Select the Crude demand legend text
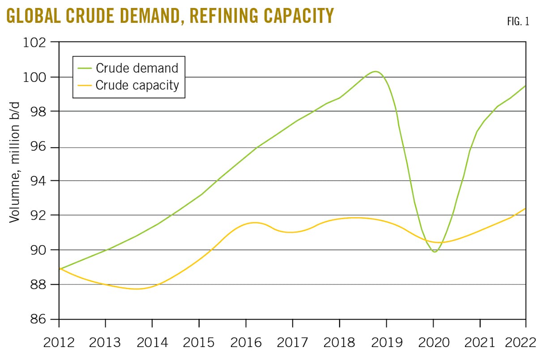pyautogui.click(x=137, y=68)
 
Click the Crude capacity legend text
pyautogui.click(x=137, y=85)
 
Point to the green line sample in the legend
pyautogui.click(x=84, y=68)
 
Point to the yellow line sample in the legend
pyautogui.click(x=84, y=85)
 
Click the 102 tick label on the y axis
pyautogui.click(x=36, y=42)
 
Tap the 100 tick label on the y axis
pyautogui.click(x=36, y=77)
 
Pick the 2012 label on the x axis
pyautogui.click(x=59, y=343)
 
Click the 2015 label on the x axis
pyautogui.click(x=199, y=343)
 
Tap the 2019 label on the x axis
pyautogui.click(x=387, y=343)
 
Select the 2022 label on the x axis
pyautogui.click(x=522, y=343)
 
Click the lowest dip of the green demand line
pyautogui.click(x=435, y=252)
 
